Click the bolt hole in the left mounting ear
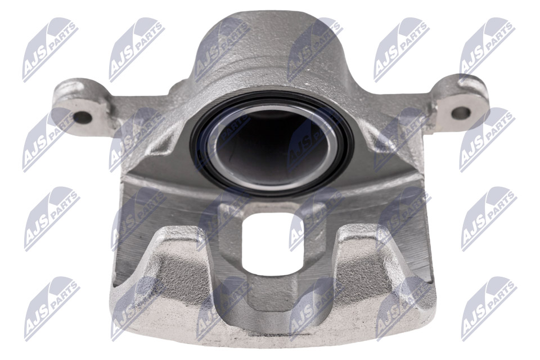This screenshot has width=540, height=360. tap(83, 118)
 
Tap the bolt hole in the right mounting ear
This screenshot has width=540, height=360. tap(461, 112)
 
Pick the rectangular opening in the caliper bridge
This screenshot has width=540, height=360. tap(273, 242)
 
